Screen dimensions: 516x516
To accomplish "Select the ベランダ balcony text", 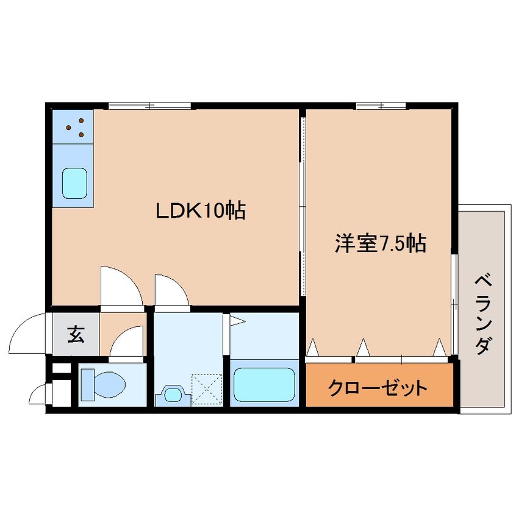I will click(483, 314).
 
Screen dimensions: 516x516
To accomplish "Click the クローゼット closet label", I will click(378, 387).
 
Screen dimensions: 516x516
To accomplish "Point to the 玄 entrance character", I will click(75, 335).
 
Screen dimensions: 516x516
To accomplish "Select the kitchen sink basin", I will click(76, 182).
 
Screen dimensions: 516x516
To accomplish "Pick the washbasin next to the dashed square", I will click(173, 395).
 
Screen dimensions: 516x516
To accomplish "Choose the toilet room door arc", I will click(127, 343).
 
